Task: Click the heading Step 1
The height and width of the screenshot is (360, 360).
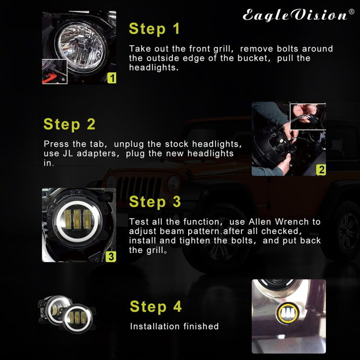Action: [x=154, y=28]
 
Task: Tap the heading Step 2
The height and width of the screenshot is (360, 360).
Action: [x=69, y=124]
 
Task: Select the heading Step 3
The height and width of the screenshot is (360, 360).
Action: [x=155, y=202]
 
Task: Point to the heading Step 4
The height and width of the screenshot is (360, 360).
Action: [x=156, y=306]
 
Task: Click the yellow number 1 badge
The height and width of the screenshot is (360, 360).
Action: [x=111, y=78]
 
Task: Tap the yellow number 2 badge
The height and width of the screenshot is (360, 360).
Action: [x=321, y=169]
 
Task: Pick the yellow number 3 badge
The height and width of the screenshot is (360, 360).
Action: [x=111, y=256]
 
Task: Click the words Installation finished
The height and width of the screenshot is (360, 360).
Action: [x=174, y=326]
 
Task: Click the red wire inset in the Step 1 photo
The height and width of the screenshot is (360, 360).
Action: [x=54, y=71]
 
